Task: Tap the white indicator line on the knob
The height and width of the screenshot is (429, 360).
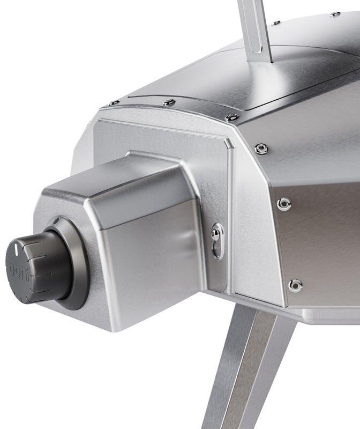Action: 16,248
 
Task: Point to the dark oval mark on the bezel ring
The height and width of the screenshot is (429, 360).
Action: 56,220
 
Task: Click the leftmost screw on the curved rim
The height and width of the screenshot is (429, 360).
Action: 114,103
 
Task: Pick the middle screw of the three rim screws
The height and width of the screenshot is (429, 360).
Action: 169,102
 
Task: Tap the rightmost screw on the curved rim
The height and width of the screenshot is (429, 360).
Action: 231,117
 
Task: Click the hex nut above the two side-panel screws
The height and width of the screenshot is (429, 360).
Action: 261,149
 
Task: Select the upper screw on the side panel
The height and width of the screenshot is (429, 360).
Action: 284,204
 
